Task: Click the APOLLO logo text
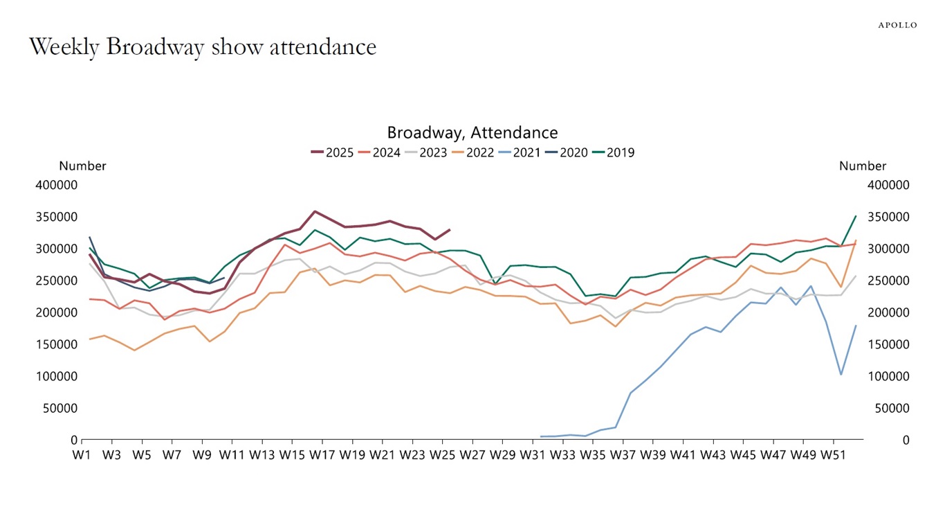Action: point(897,25)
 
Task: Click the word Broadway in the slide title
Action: point(156,47)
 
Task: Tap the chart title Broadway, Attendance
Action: point(472,132)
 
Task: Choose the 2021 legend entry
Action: point(520,152)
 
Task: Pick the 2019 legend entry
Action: point(613,152)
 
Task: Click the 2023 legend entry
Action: point(425,152)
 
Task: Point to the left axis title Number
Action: point(82,166)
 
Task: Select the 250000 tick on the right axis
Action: point(888,281)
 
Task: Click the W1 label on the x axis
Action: point(82,454)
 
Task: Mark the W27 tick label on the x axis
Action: point(472,454)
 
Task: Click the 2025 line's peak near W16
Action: point(315,211)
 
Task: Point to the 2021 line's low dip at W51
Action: point(841,375)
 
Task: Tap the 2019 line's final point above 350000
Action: point(856,216)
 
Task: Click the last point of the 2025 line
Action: point(450,229)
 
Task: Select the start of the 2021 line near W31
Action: point(541,436)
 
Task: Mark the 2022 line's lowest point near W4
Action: point(134,350)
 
